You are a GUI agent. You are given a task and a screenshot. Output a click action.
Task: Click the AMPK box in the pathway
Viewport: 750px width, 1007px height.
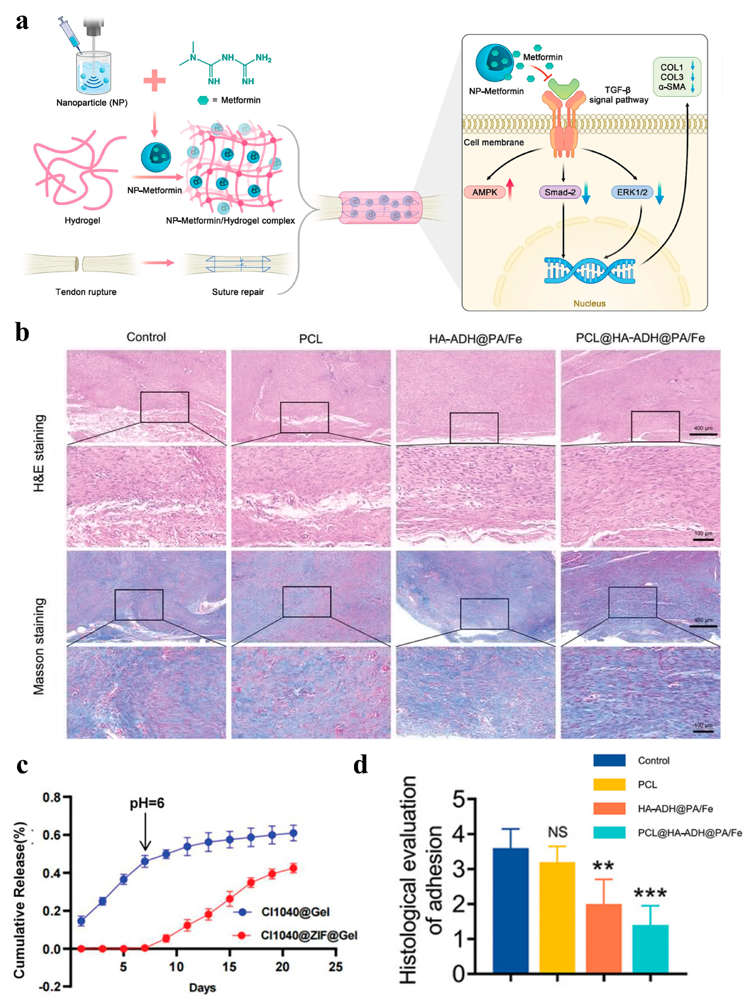484,192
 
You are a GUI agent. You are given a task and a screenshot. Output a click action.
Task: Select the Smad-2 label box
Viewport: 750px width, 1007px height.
560,192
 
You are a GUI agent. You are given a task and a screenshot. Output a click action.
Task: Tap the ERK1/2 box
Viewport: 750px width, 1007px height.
632,192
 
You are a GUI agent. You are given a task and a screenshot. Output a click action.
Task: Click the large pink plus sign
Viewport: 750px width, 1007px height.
154,81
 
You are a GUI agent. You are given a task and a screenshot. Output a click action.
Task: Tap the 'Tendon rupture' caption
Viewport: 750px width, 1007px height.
86,292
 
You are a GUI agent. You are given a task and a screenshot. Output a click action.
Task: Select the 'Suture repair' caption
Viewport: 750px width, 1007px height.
238,292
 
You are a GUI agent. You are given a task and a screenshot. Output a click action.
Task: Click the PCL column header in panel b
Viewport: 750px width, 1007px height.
311,339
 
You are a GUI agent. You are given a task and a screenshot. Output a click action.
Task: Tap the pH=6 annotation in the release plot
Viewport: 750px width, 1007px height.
147,803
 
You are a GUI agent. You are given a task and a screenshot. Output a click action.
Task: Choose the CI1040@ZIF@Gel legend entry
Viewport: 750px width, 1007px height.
309,935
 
